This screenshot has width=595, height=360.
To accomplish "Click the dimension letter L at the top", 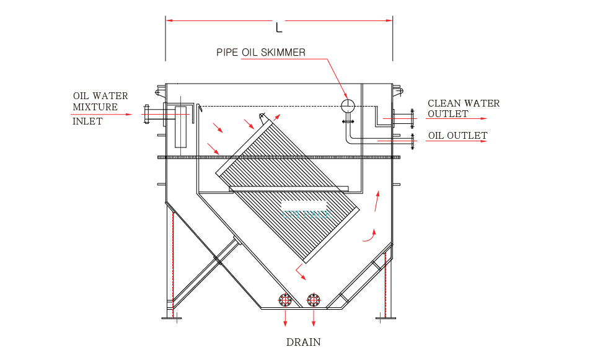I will pyautogui.click(x=279, y=27).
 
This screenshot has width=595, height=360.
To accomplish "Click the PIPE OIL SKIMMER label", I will pyautogui.click(x=261, y=53).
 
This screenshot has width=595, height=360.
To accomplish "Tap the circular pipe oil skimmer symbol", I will pyautogui.click(x=347, y=105).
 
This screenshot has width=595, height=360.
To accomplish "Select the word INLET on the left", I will pyautogui.click(x=87, y=121).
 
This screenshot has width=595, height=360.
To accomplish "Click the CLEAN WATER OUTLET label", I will pyautogui.click(x=464, y=108).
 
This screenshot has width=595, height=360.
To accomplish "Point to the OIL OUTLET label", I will pyautogui.click(x=457, y=136).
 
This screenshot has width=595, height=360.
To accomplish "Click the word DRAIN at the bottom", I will pyautogui.click(x=304, y=342).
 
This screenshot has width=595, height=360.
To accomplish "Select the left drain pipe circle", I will pyautogui.click(x=285, y=301).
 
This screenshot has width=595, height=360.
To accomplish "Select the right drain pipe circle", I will pyautogui.click(x=314, y=301).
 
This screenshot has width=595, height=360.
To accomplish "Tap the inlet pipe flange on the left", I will pyautogui.click(x=148, y=114).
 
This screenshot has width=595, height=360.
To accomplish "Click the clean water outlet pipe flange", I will pyautogui.click(x=412, y=118).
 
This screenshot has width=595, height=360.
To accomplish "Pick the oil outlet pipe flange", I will pyautogui.click(x=412, y=141).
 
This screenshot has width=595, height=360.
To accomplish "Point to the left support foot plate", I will pyautogui.click(x=172, y=318).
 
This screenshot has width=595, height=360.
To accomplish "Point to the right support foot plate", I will pyautogui.click(x=386, y=318).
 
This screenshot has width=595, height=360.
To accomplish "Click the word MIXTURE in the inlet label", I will pyautogui.click(x=95, y=107).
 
